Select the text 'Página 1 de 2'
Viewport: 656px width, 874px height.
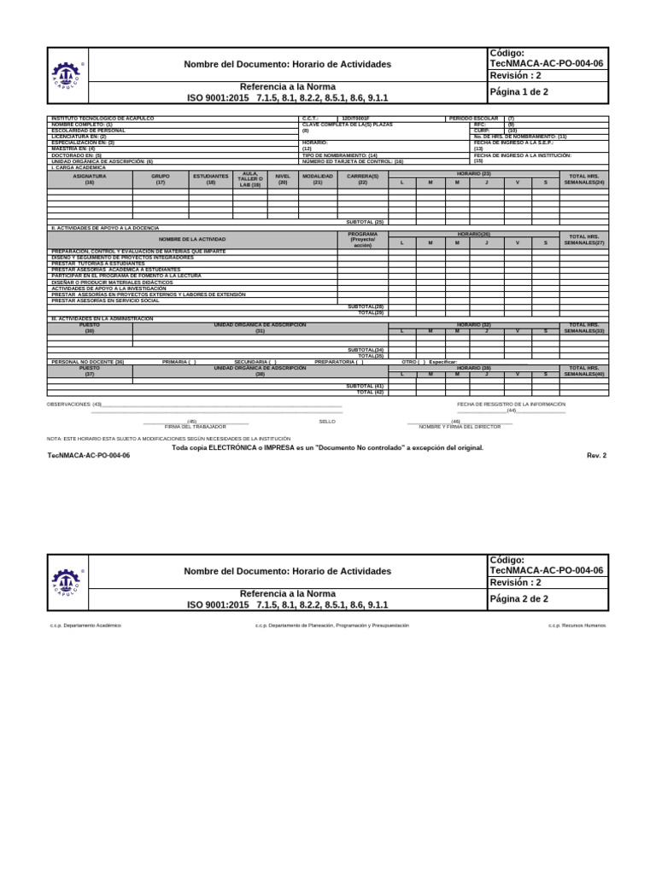pos(518,92)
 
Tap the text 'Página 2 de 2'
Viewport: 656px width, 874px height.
pos(518,598)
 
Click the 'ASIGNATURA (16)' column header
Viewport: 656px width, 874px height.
pos(90,179)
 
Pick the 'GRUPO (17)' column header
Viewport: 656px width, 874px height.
pos(161,179)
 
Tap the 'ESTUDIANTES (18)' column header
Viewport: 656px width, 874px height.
pos(211,179)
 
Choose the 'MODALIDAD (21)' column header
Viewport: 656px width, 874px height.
pos(318,179)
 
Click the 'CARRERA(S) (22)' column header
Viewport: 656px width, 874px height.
pos(362,179)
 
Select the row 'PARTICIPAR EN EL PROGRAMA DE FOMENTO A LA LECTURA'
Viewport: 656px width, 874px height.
pos(126,276)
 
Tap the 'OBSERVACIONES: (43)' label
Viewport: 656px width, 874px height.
pos(74,405)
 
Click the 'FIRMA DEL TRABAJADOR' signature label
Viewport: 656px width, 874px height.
pos(196,426)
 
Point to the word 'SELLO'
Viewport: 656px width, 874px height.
pos(327,422)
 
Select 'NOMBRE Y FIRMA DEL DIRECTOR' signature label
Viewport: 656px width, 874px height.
pos(460,426)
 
